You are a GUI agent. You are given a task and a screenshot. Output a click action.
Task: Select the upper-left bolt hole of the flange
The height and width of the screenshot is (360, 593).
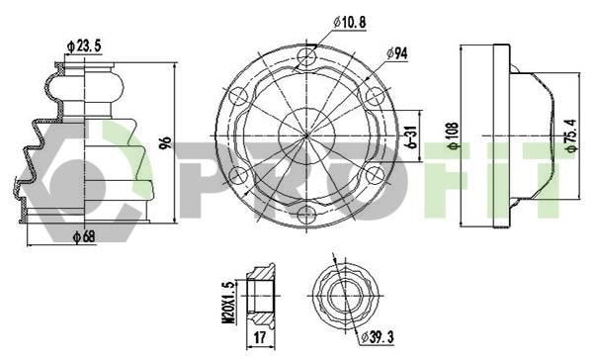[237, 97]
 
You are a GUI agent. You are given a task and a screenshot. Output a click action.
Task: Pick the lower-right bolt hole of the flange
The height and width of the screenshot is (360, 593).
[374, 174]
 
